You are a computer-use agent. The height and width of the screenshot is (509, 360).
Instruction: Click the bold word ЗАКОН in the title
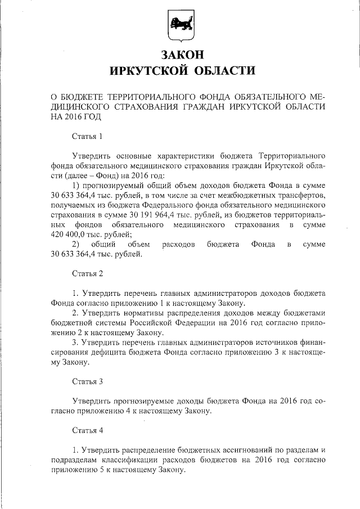click(181, 55)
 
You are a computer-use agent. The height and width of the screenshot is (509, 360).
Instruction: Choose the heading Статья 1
click(88, 136)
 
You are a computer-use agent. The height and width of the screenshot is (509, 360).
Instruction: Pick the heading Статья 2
click(88, 274)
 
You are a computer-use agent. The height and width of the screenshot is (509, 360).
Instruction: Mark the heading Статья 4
click(88, 431)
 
